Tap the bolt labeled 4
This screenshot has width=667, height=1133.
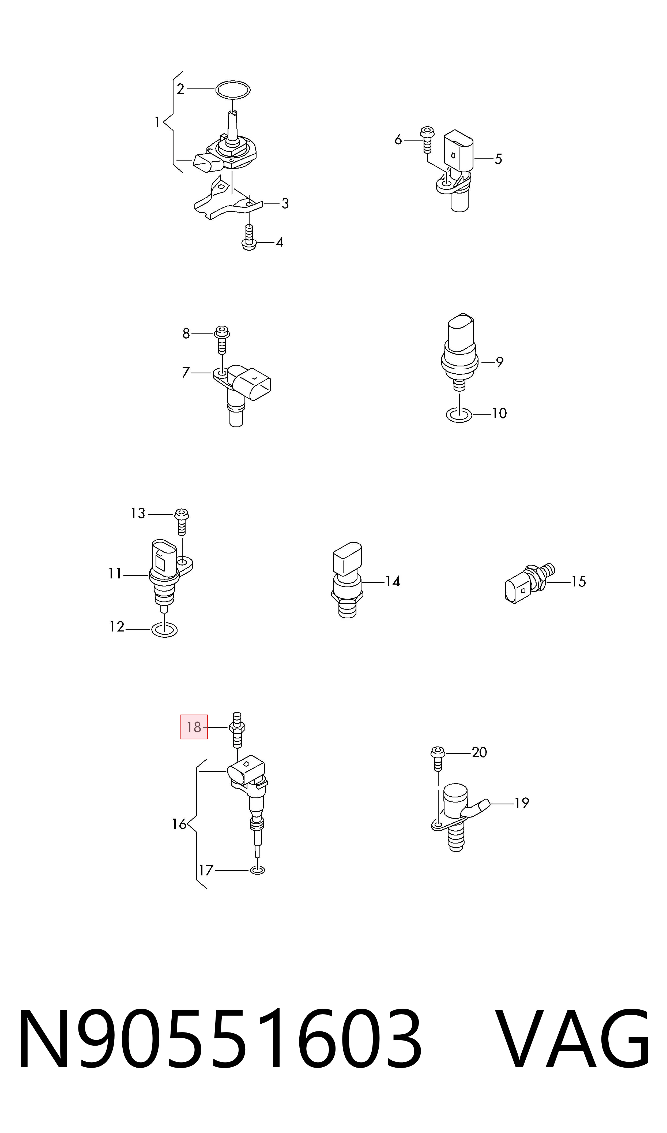(248, 237)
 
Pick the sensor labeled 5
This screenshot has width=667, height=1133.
(456, 171)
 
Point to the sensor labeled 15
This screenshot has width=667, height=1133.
(530, 583)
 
